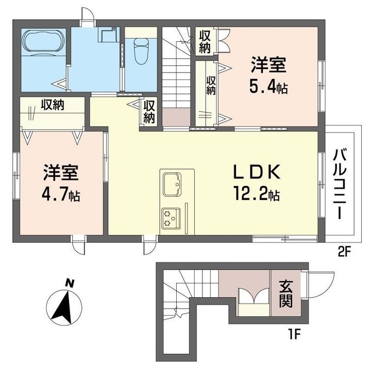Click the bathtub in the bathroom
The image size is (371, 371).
[43, 41]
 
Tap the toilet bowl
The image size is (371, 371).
[141, 51]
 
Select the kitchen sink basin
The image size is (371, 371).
[172, 184]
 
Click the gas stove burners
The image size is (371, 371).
[171, 218]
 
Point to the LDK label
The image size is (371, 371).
[257, 172]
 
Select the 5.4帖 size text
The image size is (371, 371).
[268, 87]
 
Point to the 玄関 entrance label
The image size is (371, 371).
[286, 294]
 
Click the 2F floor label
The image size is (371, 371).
[344, 252]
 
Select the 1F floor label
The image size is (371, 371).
[294, 334]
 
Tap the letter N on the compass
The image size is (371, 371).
[70, 283]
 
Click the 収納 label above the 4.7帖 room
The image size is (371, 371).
[53, 105]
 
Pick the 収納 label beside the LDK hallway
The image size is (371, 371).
[149, 112]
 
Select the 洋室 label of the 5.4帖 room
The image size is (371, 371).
[268, 64]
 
